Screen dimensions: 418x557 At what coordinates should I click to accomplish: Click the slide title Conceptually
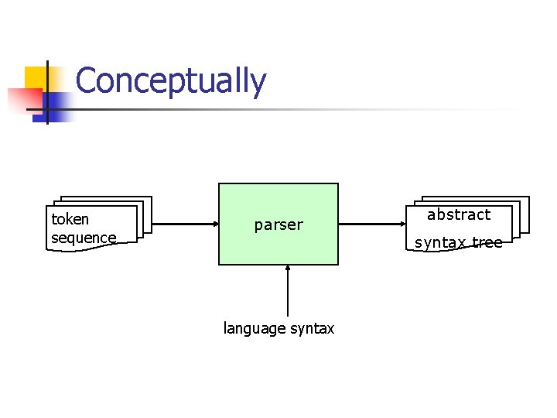click(x=171, y=81)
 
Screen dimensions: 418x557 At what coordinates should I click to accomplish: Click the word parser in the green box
click(x=278, y=225)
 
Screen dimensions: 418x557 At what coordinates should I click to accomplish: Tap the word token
click(x=70, y=219)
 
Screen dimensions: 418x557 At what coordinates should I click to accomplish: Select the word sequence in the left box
click(x=84, y=238)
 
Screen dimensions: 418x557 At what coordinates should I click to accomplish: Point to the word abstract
click(x=459, y=214)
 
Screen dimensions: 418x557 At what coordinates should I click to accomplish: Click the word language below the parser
click(x=255, y=329)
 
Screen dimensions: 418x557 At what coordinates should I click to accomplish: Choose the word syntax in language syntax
click(x=312, y=329)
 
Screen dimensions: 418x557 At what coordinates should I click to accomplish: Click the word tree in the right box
click(x=487, y=242)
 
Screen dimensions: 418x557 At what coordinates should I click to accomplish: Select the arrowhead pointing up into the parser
click(x=287, y=269)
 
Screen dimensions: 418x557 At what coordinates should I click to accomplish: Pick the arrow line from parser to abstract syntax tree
click(x=371, y=224)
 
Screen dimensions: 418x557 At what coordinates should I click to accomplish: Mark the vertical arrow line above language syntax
click(x=287, y=294)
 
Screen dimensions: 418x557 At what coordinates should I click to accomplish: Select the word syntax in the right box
click(x=441, y=242)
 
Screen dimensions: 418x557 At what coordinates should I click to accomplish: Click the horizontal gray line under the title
click(x=309, y=110)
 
